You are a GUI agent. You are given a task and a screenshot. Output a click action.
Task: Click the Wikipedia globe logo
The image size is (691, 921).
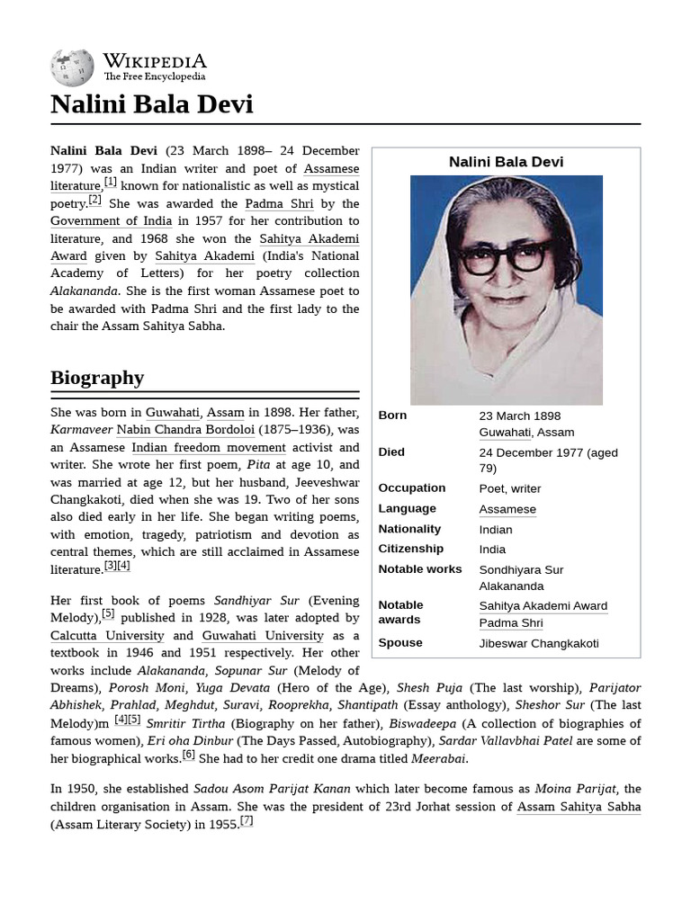pyautogui.click(x=72, y=67)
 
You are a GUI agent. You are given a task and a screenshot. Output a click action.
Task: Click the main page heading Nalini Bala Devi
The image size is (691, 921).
pyautogui.click(x=151, y=104)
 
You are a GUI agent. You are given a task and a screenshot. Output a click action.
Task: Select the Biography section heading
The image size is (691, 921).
pyautogui.click(x=97, y=377)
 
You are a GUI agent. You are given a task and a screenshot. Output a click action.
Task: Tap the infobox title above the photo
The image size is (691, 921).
pyautogui.click(x=506, y=162)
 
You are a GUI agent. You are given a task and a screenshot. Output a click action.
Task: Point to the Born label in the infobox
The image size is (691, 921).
pyautogui.click(x=392, y=416)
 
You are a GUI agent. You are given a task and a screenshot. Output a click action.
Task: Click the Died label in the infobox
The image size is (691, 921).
pyautogui.click(x=391, y=452)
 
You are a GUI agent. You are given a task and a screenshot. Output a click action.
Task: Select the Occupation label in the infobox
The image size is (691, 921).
pyautogui.click(x=411, y=488)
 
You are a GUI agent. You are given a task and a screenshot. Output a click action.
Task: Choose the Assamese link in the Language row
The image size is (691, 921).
pyautogui.click(x=507, y=509)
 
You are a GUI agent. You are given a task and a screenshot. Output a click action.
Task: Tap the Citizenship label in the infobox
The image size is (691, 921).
pyautogui.click(x=410, y=549)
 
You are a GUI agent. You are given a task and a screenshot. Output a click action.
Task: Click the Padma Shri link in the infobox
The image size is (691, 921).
pyautogui.click(x=510, y=622)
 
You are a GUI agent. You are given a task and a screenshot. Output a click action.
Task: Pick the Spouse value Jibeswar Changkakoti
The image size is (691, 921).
pyautogui.click(x=538, y=643)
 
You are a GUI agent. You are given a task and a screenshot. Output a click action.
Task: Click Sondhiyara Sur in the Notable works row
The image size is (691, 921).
pyautogui.click(x=521, y=569)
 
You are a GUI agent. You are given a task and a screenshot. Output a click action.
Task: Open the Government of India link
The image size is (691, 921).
pyautogui.click(x=111, y=221)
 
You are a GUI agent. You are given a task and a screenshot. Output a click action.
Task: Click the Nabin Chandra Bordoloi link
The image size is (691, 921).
pyautogui.click(x=185, y=430)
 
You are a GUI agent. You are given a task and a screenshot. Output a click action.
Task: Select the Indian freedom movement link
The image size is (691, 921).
pyautogui.click(x=208, y=448)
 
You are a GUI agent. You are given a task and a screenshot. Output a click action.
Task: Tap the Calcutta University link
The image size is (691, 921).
pyautogui.click(x=107, y=636)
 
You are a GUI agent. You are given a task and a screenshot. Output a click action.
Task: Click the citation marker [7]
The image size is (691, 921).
pyautogui.click(x=247, y=820)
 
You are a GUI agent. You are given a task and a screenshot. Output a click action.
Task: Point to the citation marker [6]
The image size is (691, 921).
pyautogui.click(x=189, y=755)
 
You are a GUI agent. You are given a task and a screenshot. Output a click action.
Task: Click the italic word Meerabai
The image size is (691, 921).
pyautogui.click(x=438, y=758)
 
